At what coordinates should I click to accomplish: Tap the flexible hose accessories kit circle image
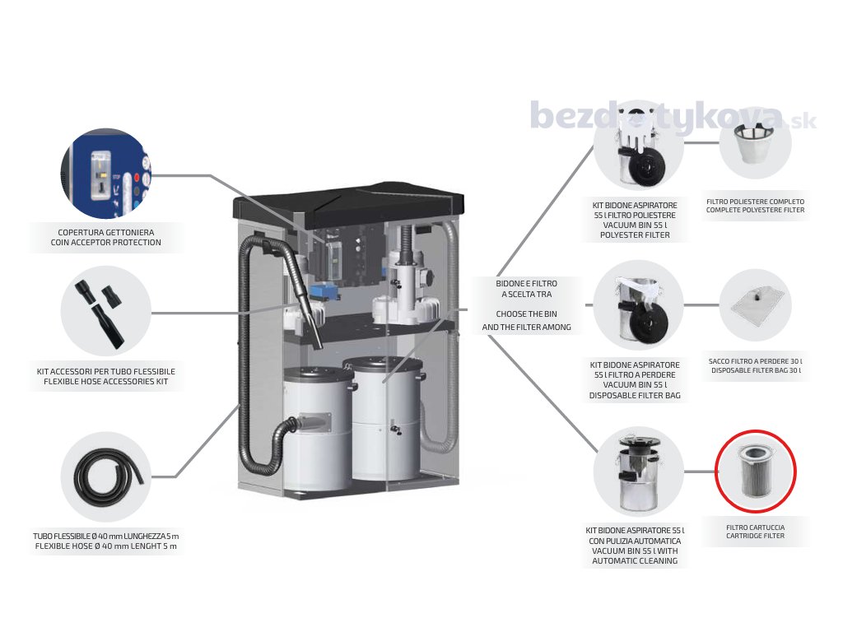tap(106, 311)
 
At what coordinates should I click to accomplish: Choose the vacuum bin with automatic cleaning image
tap(638, 472)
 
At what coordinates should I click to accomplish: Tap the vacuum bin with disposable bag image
tap(638, 305)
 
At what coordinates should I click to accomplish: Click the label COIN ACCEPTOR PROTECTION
tap(105, 243)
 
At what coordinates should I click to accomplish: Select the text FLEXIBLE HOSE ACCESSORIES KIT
tap(106, 383)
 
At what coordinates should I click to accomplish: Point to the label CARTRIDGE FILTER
tap(755, 536)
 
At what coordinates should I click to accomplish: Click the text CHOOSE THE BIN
tap(526, 314)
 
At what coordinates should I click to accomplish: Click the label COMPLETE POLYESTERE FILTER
tap(755, 211)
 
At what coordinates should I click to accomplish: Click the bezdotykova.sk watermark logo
tap(671, 116)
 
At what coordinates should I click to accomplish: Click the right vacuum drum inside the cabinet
tap(384, 420)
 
